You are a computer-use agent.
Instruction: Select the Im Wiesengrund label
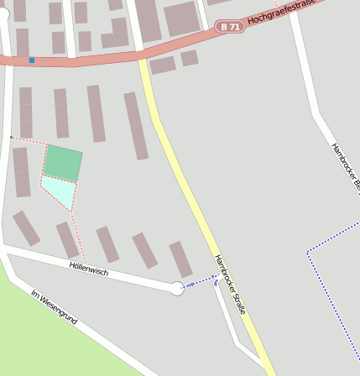coord(54,308)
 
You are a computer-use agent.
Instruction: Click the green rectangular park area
coord(63,162)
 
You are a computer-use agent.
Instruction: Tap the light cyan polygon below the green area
coord(60,191)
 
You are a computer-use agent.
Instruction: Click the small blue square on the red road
coord(32,60)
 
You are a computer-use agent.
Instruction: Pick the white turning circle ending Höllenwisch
coord(177,289)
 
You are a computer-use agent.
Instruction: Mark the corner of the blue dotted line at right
coord(308,251)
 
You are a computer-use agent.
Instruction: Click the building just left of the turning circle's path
coord(180,258)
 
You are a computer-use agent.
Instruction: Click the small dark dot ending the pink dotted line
coord(10,136)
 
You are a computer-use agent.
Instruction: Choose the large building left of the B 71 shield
coord(180,18)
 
